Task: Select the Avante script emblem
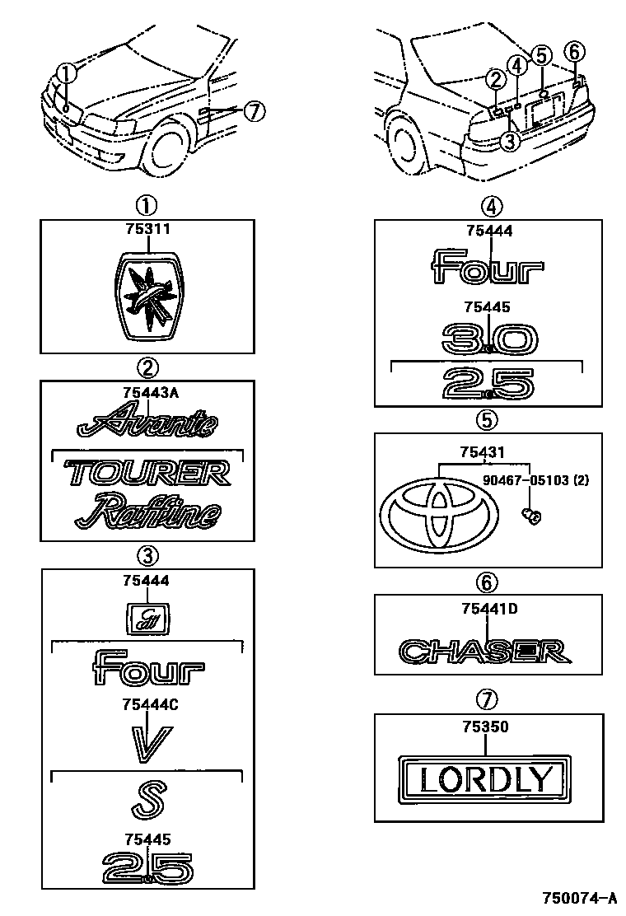[148, 424]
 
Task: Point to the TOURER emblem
[148, 473]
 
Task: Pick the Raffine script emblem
[148, 512]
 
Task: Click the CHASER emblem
[485, 652]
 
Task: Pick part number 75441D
[485, 610]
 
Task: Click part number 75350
[485, 727]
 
